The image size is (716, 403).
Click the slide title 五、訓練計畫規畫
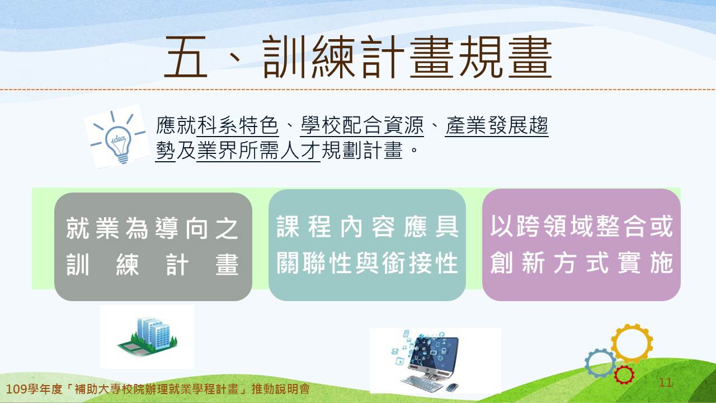pyautogui.click(x=358, y=57)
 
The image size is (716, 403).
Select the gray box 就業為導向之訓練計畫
pyautogui.click(x=153, y=247)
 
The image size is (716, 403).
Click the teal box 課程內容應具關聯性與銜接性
pyautogui.click(x=367, y=245)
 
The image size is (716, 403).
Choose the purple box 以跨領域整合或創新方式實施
pyautogui.click(x=581, y=245)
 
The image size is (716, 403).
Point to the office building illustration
pyautogui.click(x=148, y=336)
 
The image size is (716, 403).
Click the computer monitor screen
pyautogui.click(x=434, y=355)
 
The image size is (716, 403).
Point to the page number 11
pyautogui.click(x=665, y=382)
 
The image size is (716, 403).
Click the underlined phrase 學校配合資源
pyautogui.click(x=362, y=125)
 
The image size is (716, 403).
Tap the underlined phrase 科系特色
pyautogui.click(x=238, y=125)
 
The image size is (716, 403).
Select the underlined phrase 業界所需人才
pyautogui.click(x=258, y=151)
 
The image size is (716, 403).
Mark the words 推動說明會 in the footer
pyautogui.click(x=281, y=389)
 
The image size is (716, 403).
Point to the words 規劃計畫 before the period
pyautogui.click(x=362, y=151)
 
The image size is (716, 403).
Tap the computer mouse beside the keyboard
pyautogui.click(x=452, y=387)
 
